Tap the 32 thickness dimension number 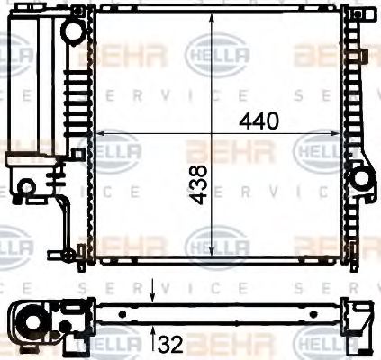[171, 344]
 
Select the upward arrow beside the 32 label [152, 337]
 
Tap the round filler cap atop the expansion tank [72, 30]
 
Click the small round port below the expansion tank [27, 186]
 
